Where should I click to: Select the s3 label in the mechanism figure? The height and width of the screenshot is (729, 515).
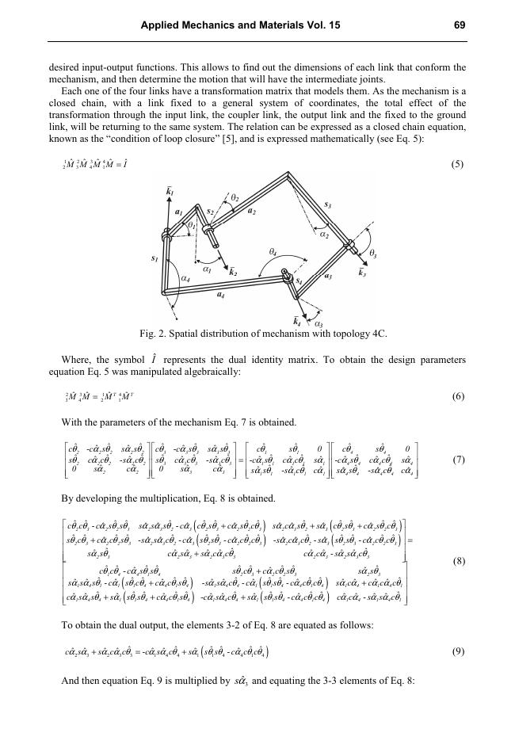[328, 204]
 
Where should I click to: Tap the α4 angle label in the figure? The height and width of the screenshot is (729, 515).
[185, 278]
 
